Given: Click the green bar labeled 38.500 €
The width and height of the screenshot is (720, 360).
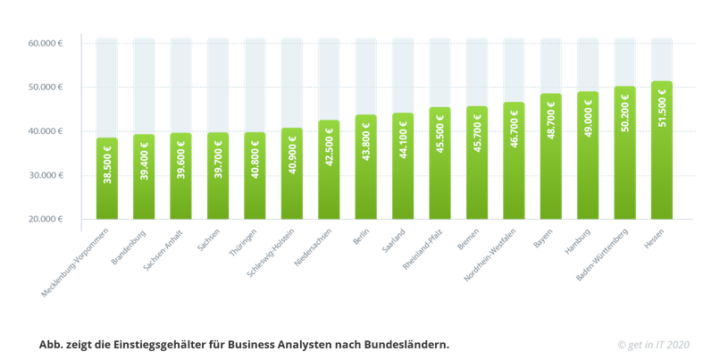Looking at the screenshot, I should (x=107, y=179).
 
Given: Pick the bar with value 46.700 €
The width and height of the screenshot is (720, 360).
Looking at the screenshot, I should (x=514, y=161).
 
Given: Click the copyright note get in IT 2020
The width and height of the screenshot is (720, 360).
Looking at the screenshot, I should (x=654, y=344).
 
